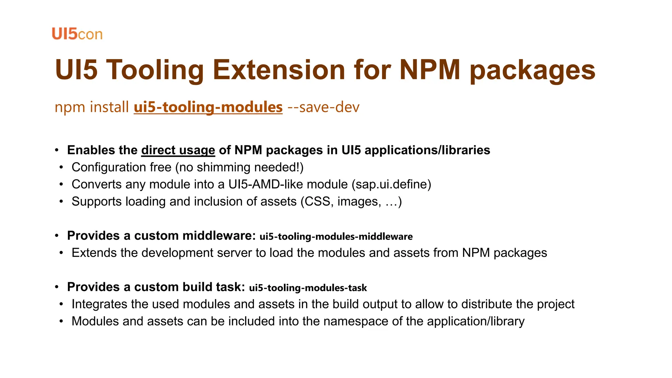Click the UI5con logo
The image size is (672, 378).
coord(77,34)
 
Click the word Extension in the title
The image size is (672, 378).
coord(279,70)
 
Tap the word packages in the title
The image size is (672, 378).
coord(532,70)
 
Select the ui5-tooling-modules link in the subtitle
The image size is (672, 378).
coord(208,107)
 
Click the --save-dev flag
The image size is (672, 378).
coord(323,107)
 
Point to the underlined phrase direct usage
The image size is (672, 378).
coord(178,150)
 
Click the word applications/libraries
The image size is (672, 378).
coord(427,150)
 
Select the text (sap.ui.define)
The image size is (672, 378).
coord(391,184)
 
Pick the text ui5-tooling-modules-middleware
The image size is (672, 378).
coord(336,237)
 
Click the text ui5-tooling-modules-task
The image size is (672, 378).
coord(308,288)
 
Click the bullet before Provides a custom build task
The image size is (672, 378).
coord(57,287)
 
